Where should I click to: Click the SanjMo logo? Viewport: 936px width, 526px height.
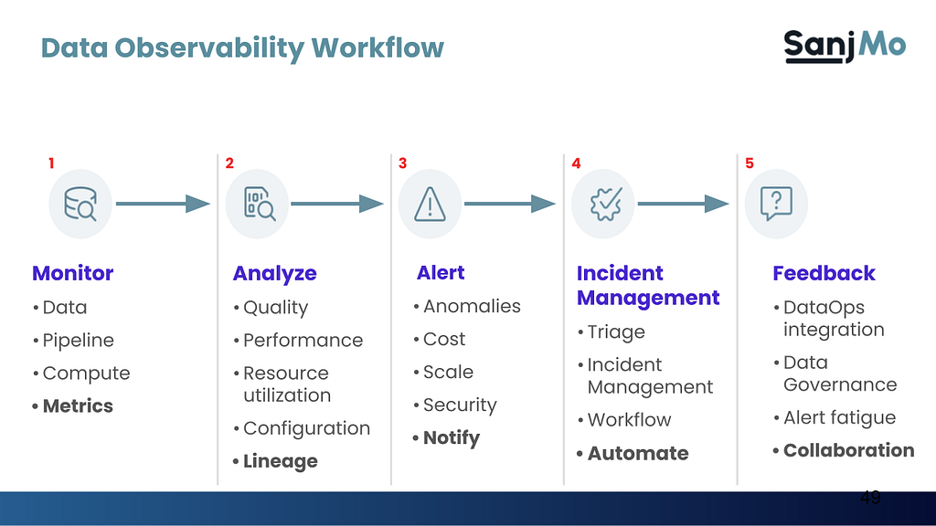[x=845, y=46]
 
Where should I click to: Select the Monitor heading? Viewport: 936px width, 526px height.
[x=73, y=273]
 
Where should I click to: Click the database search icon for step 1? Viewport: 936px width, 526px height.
[x=80, y=204]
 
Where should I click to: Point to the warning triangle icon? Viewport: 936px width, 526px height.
[x=430, y=204]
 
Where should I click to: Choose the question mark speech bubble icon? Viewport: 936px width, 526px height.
[x=776, y=204]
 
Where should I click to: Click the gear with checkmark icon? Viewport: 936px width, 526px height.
[x=606, y=204]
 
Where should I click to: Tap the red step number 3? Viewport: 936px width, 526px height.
[x=402, y=163]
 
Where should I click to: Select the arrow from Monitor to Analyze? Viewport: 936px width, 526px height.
[x=163, y=204]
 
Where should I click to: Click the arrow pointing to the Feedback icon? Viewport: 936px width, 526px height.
[x=684, y=204]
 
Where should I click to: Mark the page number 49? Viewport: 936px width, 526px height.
[x=870, y=497]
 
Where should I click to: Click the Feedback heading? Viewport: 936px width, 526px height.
[x=824, y=273]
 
